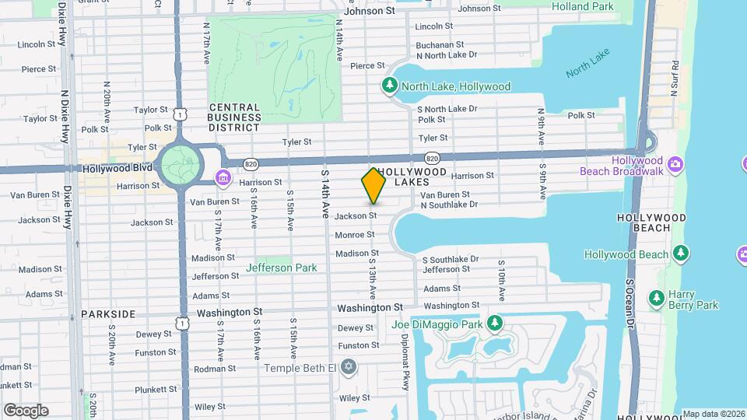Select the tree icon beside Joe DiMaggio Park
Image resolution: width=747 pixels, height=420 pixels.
click(494, 323)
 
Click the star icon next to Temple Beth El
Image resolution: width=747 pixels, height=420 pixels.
click(349, 366)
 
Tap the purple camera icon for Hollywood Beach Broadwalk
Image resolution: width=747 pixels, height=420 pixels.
click(675, 164)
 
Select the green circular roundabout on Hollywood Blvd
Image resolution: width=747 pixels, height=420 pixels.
click(180, 165)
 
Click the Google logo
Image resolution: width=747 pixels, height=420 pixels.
click(26, 410)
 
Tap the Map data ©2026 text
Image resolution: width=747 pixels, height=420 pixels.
click(714, 414)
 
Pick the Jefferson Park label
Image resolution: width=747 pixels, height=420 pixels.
click(282, 268)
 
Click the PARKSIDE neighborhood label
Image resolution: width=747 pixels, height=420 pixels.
click(108, 314)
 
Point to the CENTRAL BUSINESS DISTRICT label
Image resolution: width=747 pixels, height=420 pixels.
click(234, 117)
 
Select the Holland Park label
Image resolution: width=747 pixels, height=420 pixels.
click(582, 7)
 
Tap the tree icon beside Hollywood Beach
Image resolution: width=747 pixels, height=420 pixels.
click(681, 254)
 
